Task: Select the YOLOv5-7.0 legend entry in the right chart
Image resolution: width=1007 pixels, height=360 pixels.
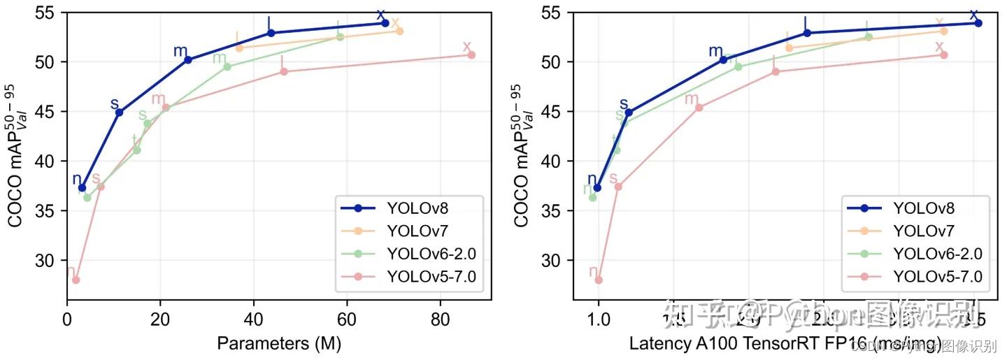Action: (x=937, y=277)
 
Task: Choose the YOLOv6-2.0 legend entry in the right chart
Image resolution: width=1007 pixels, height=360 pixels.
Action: (x=937, y=254)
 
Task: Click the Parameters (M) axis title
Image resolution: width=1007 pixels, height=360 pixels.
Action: (x=278, y=343)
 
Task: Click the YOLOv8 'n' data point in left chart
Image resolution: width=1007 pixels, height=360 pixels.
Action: (x=82, y=187)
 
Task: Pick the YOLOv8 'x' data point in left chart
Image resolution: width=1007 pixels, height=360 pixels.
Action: (x=385, y=23)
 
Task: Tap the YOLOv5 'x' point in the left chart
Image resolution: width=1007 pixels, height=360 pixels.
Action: (x=471, y=55)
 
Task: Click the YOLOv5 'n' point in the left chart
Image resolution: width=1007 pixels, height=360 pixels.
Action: (x=76, y=280)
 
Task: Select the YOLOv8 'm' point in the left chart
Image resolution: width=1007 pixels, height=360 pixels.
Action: (x=187, y=59)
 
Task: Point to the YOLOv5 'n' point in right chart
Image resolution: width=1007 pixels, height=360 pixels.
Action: (x=598, y=280)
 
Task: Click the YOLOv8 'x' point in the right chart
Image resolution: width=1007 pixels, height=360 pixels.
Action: (x=978, y=23)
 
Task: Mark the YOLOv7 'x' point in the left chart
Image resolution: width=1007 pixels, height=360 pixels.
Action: (x=399, y=31)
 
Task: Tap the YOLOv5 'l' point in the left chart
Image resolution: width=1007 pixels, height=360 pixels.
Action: (x=284, y=71)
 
